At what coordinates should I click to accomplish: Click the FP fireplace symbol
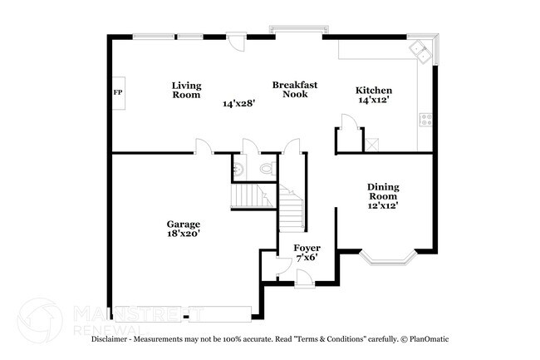point(116,91)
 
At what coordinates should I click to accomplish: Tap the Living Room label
point(186,90)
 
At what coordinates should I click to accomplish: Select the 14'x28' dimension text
point(238,104)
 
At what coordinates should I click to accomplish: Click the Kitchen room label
point(374,91)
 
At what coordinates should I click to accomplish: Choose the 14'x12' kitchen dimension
point(374,100)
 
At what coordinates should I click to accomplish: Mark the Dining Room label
point(384,192)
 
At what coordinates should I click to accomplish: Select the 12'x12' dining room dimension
point(384,205)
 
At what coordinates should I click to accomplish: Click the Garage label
point(183,224)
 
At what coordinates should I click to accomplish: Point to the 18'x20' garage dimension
point(183,234)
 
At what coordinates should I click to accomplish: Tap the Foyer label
point(307,248)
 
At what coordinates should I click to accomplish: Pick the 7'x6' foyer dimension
point(307,258)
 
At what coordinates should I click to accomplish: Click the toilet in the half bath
point(266,169)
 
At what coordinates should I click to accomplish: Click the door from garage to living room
point(202,147)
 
